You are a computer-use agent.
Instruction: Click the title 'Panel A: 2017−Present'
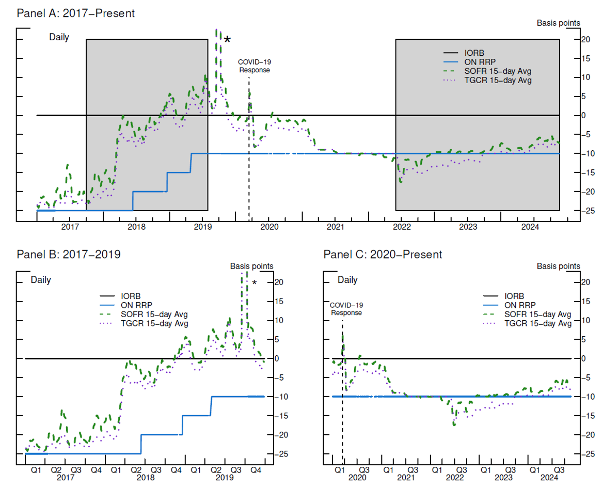(x=75, y=13)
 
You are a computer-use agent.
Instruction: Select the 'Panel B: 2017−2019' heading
(x=69, y=254)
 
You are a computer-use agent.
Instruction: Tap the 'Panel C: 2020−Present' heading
(x=383, y=254)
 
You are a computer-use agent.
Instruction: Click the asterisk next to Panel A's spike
(x=227, y=40)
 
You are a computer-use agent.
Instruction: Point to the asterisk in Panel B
(x=255, y=283)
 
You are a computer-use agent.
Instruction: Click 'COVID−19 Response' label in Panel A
(x=253, y=66)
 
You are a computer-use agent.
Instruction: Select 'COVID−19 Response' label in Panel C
(x=346, y=309)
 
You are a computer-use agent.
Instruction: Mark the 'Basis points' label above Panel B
(x=251, y=266)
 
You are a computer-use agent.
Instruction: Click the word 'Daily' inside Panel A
(x=59, y=37)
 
